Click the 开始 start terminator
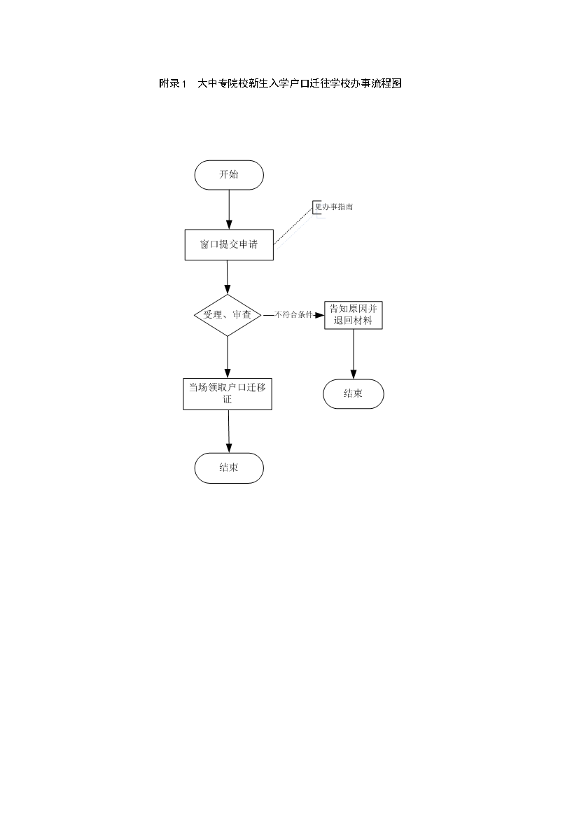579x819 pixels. [x=229, y=175]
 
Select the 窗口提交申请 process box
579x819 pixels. [x=229, y=244]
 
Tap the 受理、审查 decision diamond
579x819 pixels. [x=228, y=315]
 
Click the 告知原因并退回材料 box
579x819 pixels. [x=354, y=315]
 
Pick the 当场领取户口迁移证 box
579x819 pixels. [x=228, y=394]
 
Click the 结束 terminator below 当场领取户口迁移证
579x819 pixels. [x=229, y=468]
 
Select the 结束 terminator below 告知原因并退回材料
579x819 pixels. [x=354, y=394]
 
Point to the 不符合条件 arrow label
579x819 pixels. [x=293, y=315]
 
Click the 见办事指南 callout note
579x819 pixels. [x=333, y=206]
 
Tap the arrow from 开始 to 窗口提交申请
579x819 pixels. [x=229, y=209]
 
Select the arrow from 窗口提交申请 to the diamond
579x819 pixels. [x=228, y=277]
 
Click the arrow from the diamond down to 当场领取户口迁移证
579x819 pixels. [x=228, y=357]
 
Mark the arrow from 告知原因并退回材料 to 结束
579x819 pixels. [x=354, y=354]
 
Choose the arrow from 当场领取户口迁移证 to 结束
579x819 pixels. [x=229, y=431]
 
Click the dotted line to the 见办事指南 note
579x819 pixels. [x=293, y=225]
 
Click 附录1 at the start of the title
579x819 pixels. [x=173, y=83]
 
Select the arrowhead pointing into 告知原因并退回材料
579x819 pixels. [x=319, y=315]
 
